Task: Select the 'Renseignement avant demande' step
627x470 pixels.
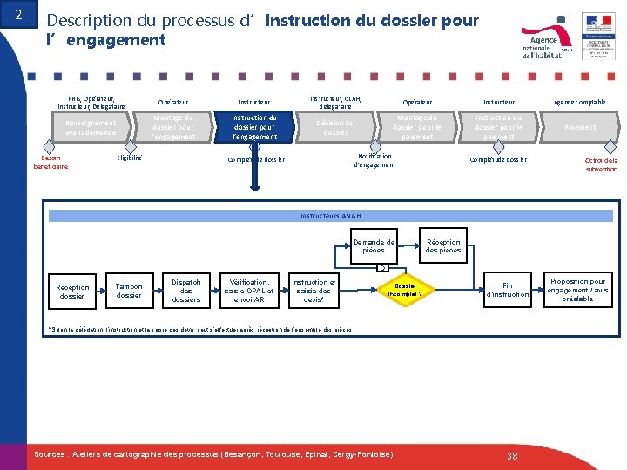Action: [91, 127]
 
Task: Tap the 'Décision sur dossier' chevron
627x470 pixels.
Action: [335, 127]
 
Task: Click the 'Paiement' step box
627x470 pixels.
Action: [580, 127]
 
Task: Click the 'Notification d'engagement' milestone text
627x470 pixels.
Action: [374, 160]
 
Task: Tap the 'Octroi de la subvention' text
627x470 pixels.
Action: [601, 164]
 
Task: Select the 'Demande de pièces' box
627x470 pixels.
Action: [374, 245]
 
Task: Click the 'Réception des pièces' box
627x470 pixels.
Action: [443, 245]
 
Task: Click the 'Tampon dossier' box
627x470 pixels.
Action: [129, 291]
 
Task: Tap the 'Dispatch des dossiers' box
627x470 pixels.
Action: [186, 291]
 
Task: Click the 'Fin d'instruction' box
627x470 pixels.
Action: [508, 290]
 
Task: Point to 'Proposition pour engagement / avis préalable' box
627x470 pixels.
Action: [577, 290]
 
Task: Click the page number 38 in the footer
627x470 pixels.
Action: [512, 456]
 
